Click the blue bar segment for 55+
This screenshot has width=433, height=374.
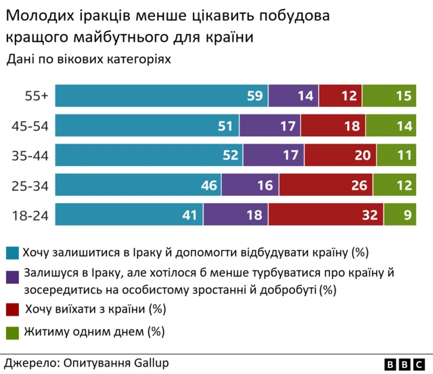(161, 96)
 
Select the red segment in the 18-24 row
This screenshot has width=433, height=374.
(325, 215)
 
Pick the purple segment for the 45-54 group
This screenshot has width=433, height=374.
(270, 126)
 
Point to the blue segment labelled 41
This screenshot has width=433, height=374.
(129, 215)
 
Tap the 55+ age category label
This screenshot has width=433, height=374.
(35, 96)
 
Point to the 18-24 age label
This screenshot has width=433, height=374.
(30, 215)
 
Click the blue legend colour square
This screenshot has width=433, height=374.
(12, 253)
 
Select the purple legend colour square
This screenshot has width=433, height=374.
(12, 276)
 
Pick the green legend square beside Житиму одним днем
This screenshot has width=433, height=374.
(12, 332)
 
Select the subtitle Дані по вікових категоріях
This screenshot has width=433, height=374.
(89, 59)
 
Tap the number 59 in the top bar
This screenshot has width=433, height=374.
(254, 96)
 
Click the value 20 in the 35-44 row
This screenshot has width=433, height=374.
(363, 156)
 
